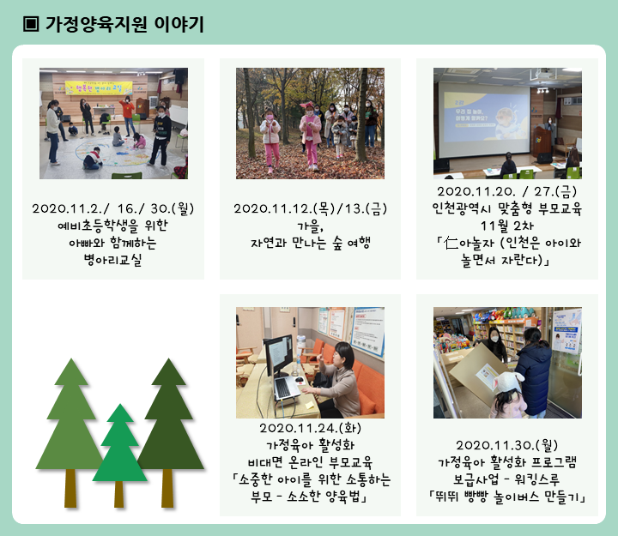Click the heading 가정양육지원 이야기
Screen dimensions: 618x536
click(x=124, y=24)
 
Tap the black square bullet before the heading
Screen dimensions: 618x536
click(x=31, y=24)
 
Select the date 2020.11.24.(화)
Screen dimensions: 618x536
click(x=310, y=428)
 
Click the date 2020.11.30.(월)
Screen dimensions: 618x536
click(x=507, y=445)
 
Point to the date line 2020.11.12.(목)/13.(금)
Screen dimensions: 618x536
click(x=310, y=208)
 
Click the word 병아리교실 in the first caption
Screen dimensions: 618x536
click(x=112, y=260)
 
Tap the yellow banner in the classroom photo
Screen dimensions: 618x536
click(x=99, y=87)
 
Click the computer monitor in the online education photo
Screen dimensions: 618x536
click(x=278, y=354)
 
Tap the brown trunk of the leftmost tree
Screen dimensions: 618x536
click(x=70, y=488)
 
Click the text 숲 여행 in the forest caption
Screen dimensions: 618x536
click(x=351, y=243)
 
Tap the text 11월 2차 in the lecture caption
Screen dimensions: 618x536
click(x=507, y=226)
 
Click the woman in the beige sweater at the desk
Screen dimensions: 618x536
click(x=340, y=381)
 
